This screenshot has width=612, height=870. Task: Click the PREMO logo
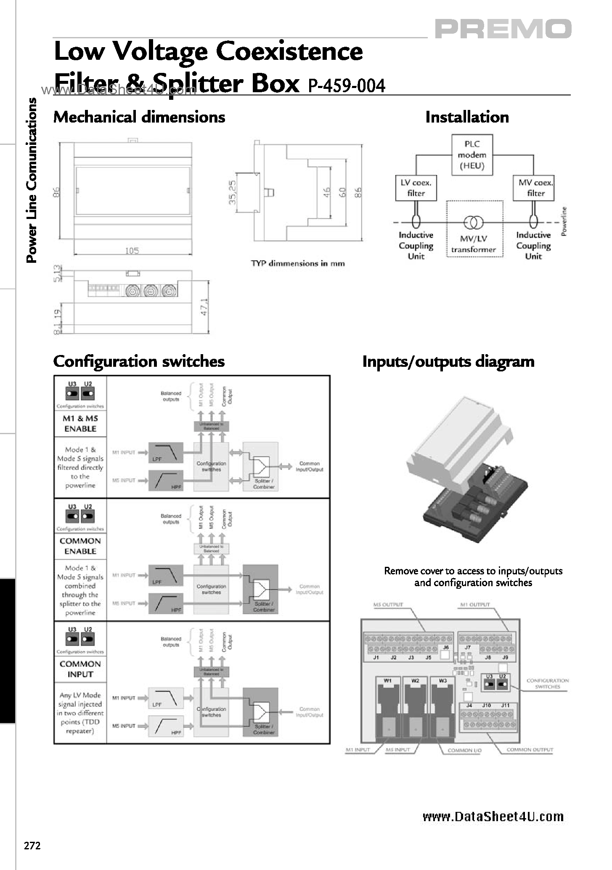coord(503,29)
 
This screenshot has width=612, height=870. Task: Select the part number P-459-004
coord(347,86)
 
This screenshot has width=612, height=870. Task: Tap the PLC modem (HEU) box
coord(472,155)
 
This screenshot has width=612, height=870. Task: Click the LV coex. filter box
coord(416,188)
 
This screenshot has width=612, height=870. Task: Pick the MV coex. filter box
coord(533,188)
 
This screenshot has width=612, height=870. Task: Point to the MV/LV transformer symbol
coord(473,222)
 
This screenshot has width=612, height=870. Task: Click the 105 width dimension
coord(132,251)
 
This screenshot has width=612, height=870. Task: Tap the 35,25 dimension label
coord(233,192)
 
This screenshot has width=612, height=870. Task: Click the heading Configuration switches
coord(139,361)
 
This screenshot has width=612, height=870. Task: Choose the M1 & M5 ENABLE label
coord(80,424)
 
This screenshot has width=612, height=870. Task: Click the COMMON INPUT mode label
coord(80,669)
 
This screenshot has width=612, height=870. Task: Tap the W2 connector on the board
coord(415,712)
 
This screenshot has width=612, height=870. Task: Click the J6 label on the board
coord(446,647)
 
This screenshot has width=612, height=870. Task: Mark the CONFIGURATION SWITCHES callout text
coord(547,683)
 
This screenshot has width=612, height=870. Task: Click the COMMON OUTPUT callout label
coord(530,750)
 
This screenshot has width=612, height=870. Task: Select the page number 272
coord(32,846)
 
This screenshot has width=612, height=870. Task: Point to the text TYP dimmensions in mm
coord(297,264)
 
